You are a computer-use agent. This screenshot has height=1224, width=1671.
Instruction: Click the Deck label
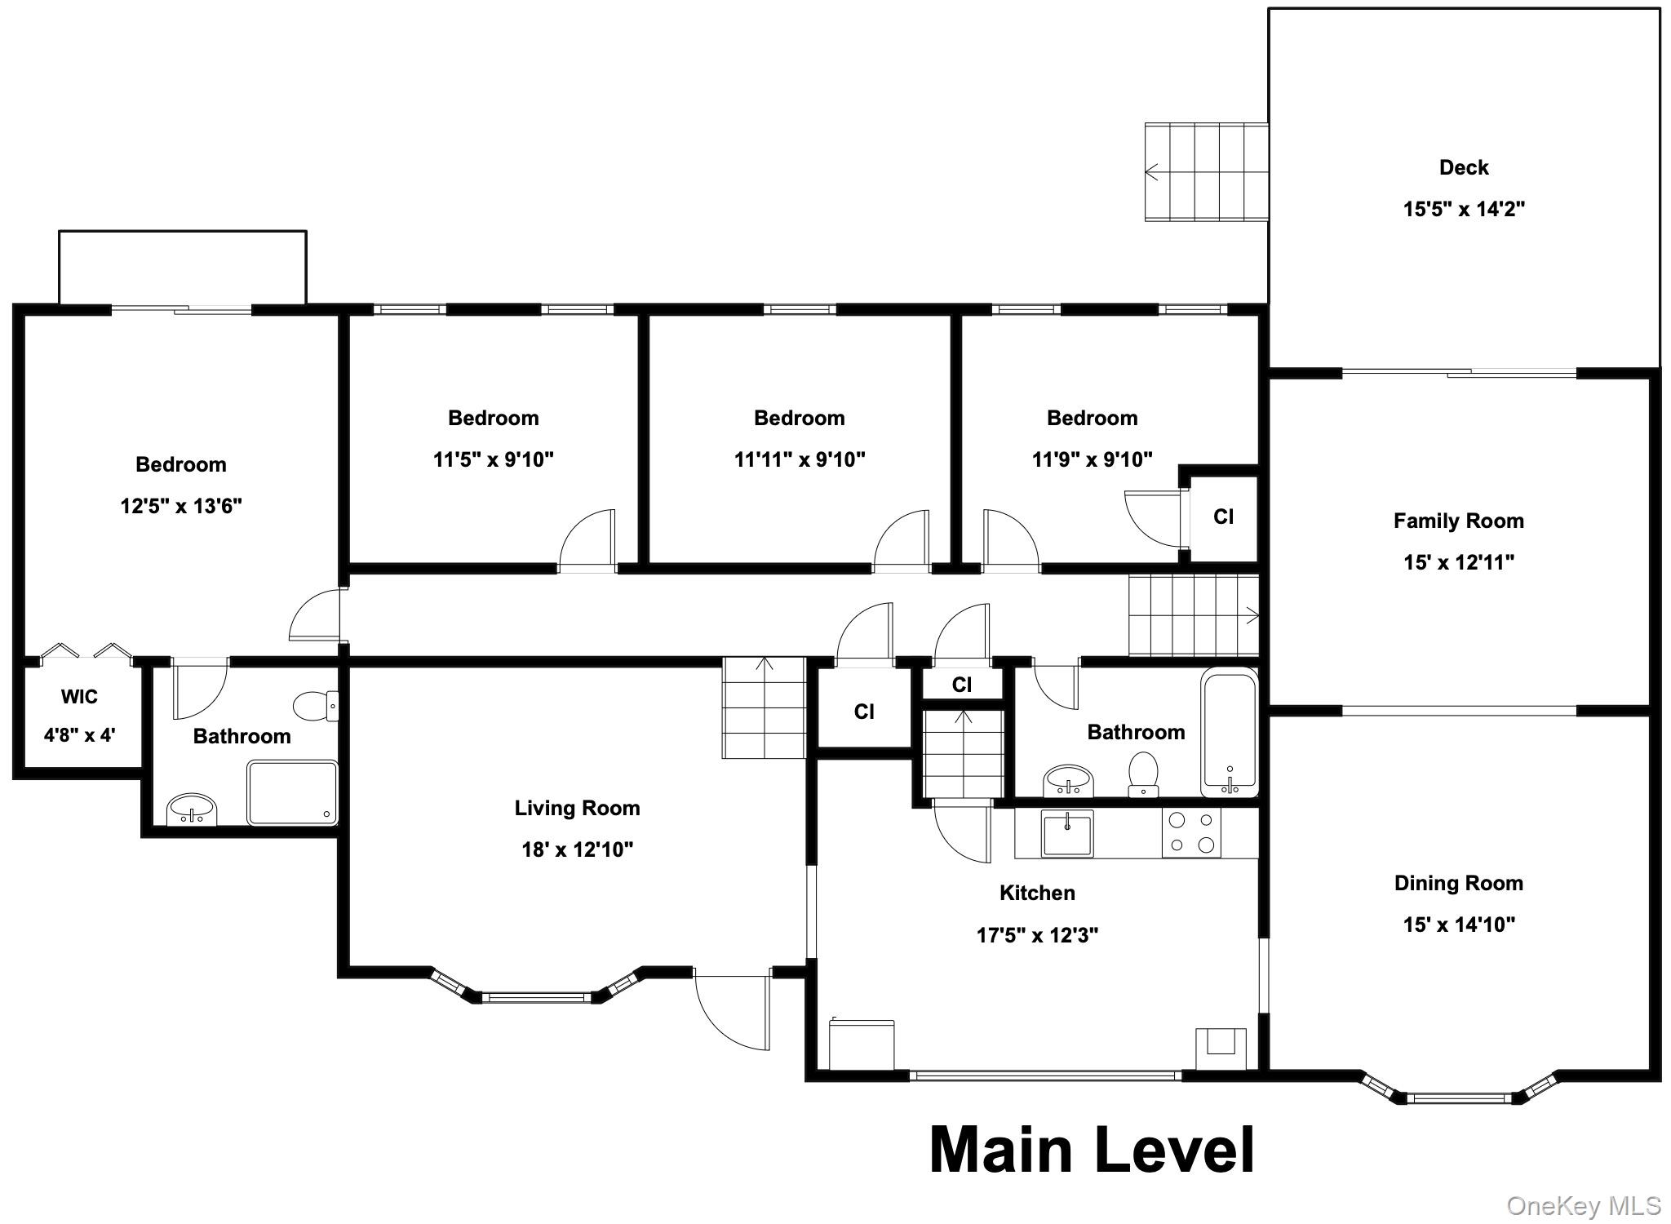tap(1463, 167)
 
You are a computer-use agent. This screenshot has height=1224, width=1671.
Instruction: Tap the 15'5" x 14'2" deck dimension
tap(1463, 209)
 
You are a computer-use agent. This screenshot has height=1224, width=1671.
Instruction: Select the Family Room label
tap(1458, 521)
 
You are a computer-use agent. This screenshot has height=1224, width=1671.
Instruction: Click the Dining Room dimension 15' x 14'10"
tap(1459, 925)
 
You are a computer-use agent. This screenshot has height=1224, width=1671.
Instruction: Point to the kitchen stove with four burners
tap(1191, 833)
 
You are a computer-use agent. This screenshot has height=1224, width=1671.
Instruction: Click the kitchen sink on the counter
tap(1066, 833)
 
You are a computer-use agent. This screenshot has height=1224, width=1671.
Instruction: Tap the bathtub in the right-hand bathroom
tap(1229, 732)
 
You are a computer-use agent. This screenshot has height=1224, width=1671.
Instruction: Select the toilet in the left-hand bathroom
tap(314, 706)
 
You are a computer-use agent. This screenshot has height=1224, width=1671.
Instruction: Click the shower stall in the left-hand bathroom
tap(292, 792)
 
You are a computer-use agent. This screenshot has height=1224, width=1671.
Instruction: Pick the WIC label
tap(79, 697)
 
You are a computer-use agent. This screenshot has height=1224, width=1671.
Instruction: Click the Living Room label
tap(577, 808)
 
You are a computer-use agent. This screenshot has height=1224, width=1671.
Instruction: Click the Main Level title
tap(1091, 1150)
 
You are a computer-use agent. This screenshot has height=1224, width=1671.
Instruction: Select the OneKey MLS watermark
tap(1583, 1205)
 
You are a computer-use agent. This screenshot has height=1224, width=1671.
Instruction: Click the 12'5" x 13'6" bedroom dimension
tap(181, 506)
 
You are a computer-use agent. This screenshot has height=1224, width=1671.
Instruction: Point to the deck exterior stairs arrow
tap(1152, 171)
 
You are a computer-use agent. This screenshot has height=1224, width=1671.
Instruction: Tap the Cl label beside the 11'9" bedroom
tap(1223, 517)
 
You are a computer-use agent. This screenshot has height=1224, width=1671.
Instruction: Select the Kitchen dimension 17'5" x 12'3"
tap(1037, 934)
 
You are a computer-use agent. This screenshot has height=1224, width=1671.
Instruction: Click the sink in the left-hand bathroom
tap(192, 810)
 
